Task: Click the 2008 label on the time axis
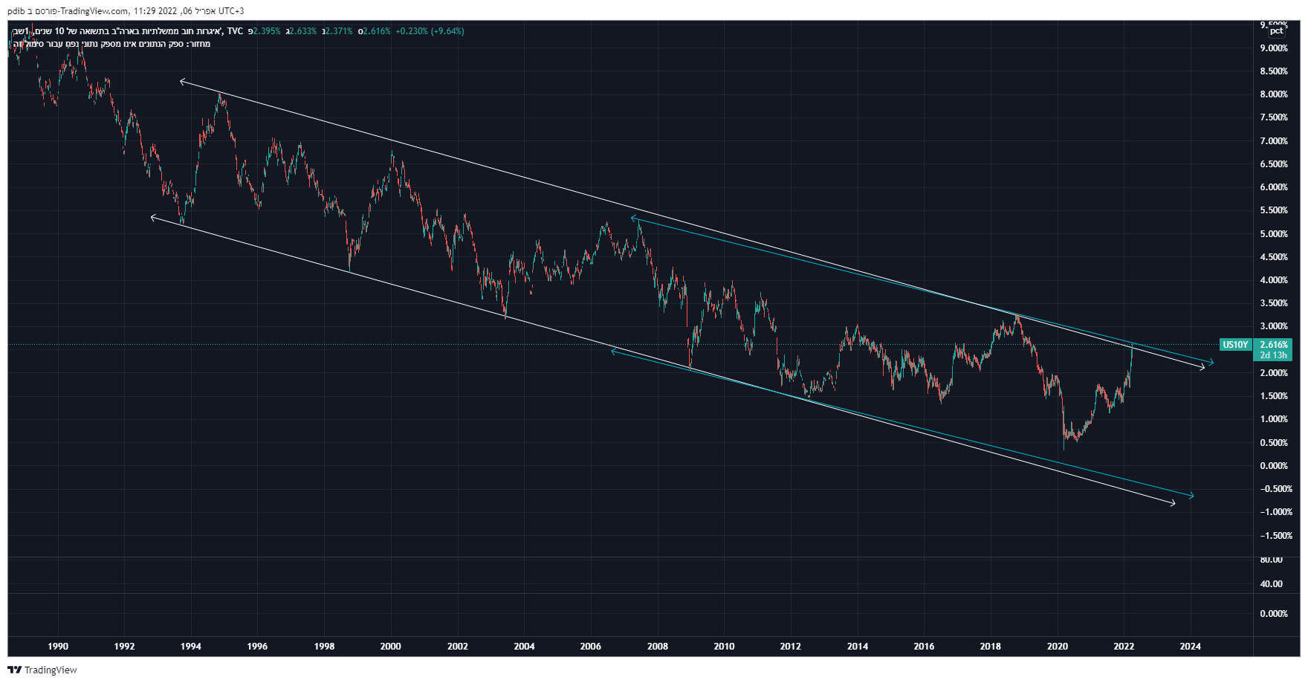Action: pos(657,646)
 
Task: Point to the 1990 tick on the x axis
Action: pos(58,646)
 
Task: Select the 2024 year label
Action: pos(1190,646)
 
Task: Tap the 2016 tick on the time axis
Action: pos(924,646)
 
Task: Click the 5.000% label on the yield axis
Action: pos(1273,234)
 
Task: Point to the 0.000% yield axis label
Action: pos(1273,466)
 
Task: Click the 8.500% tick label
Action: pos(1273,71)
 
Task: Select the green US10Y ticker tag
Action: pos(1235,345)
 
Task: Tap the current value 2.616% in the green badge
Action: pos(1274,345)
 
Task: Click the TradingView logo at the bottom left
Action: pos(42,670)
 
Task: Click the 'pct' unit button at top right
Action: pos(1276,30)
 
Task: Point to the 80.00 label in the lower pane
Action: pos(1271,560)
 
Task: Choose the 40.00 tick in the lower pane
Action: pos(1271,584)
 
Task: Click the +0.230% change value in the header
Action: pos(411,31)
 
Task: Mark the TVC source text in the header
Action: pos(235,31)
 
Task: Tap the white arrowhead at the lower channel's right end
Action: pos(1173,504)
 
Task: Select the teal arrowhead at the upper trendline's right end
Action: pos(1211,363)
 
